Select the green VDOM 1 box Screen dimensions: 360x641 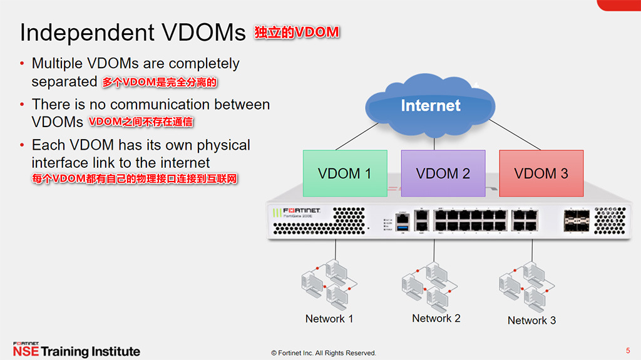344,173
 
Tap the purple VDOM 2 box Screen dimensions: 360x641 443,173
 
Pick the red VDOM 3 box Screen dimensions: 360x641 541,173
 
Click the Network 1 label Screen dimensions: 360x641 329,319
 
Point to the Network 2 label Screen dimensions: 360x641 436,318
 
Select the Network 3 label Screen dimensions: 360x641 531,321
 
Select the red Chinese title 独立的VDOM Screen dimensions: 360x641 297,33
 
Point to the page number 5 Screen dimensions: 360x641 628,350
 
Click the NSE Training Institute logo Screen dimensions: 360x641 76,351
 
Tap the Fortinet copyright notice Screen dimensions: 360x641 323,353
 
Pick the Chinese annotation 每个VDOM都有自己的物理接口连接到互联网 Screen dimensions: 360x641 135,179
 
